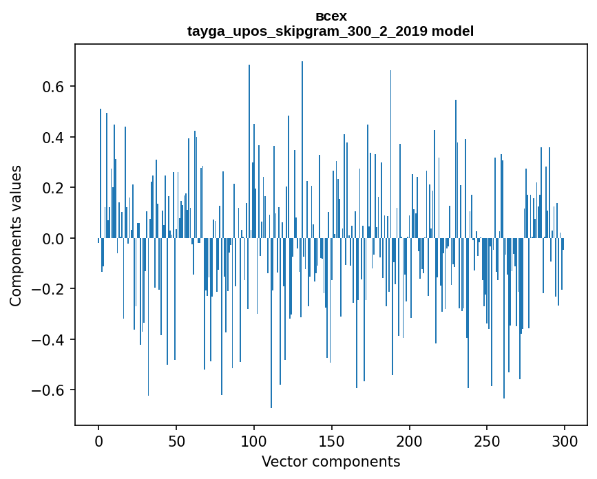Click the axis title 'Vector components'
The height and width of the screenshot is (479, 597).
coord(331,462)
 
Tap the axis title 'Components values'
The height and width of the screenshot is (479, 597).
coord(16,235)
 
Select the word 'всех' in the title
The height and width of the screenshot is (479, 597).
coord(331,17)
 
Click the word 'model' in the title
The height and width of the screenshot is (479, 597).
coord(452,31)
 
